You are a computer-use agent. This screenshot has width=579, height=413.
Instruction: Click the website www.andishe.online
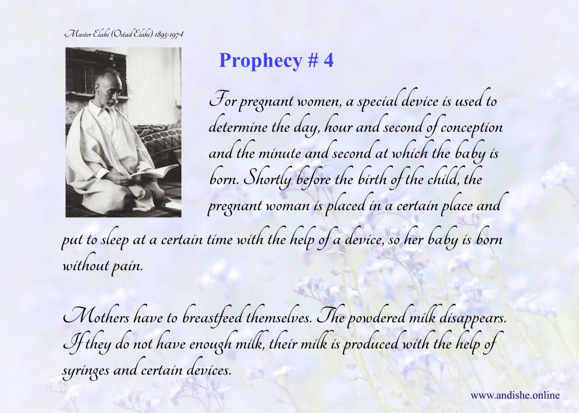tap(515, 396)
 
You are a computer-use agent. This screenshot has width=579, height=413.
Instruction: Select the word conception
tap(472, 128)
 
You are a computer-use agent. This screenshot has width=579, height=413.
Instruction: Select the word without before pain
tap(85, 265)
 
